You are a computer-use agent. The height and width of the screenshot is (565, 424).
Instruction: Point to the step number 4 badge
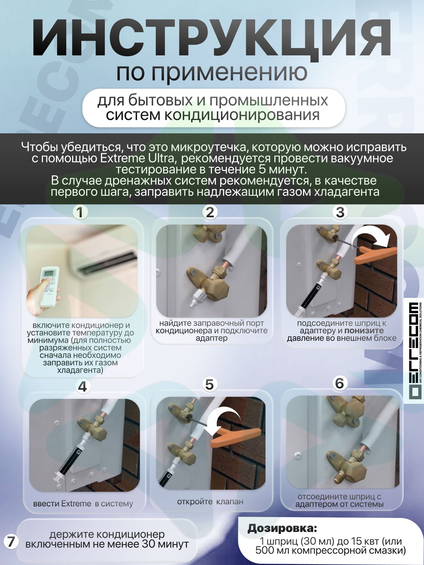[x=82, y=387]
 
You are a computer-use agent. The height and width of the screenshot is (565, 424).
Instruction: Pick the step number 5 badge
[x=209, y=385]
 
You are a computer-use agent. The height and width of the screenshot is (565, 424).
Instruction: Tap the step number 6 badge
[x=339, y=383]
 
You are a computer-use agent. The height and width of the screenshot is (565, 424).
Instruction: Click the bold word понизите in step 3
[x=364, y=331]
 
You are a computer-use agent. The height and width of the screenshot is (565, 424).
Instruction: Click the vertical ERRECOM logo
[x=414, y=350]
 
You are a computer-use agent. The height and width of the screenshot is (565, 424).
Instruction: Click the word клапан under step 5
[x=230, y=502]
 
